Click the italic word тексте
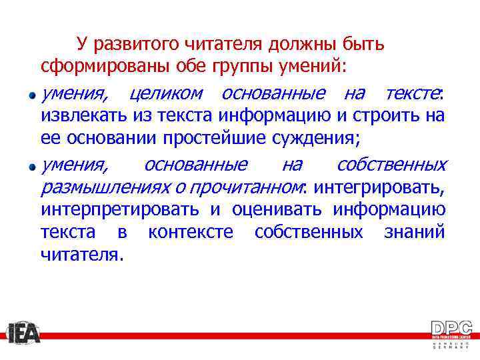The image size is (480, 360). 412,92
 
